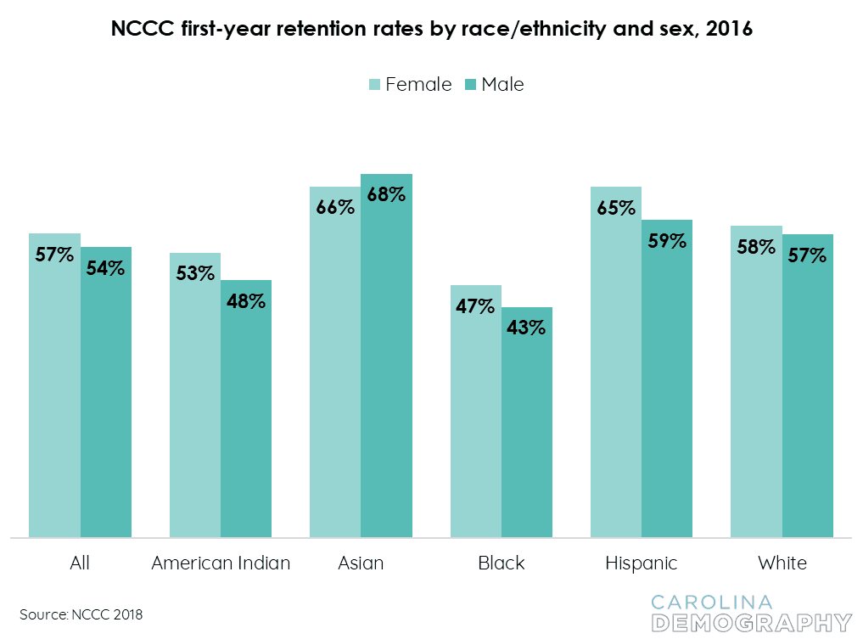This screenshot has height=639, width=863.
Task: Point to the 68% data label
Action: [386, 193]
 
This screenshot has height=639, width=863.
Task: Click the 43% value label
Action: [526, 327]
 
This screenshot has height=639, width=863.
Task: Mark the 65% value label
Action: [616, 208]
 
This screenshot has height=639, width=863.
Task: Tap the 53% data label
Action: [195, 273]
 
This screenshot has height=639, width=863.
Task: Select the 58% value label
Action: [756, 247]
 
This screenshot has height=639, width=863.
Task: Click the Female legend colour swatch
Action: [374, 84]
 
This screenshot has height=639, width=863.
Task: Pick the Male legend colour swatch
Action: [471, 84]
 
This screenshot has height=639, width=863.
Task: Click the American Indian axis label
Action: [221, 563]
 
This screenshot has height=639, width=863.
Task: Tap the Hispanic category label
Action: [642, 563]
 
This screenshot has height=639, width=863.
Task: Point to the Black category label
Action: [502, 563]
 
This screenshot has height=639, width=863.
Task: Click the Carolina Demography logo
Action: [750, 614]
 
